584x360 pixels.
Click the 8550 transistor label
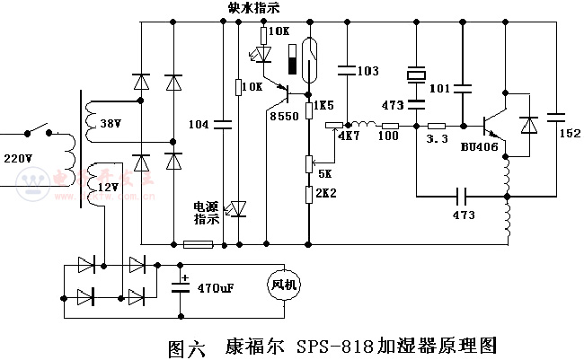pyautogui.click(x=284, y=115)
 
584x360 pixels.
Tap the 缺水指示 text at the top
pyautogui.click(x=254, y=9)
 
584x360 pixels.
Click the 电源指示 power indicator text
pyautogui.click(x=206, y=212)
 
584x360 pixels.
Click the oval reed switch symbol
pyautogui.click(x=310, y=58)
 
